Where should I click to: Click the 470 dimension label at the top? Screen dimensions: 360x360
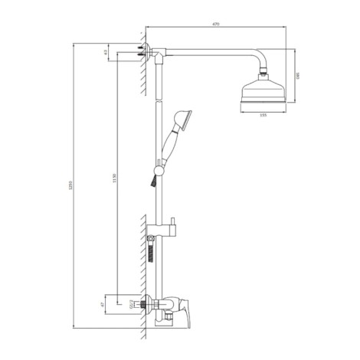point(216,25)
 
